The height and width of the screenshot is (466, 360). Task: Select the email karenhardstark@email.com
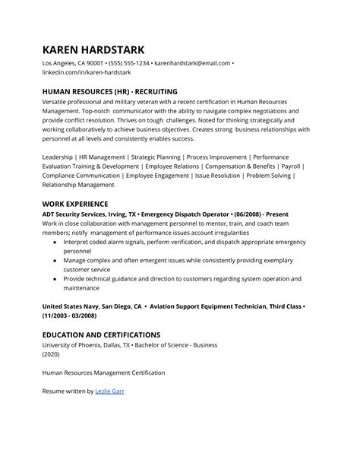click(192, 62)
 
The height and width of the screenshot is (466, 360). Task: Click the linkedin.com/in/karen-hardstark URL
click(87, 72)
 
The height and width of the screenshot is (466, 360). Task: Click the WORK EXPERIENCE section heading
click(75, 204)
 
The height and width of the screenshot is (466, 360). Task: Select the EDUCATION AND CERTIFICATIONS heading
click(101, 334)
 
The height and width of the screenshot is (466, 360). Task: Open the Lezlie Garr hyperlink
click(109, 391)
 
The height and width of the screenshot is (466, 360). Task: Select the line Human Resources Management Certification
click(103, 372)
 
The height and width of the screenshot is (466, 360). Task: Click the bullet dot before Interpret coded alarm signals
click(55, 243)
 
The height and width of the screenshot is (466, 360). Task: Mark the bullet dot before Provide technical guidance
click(55, 279)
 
